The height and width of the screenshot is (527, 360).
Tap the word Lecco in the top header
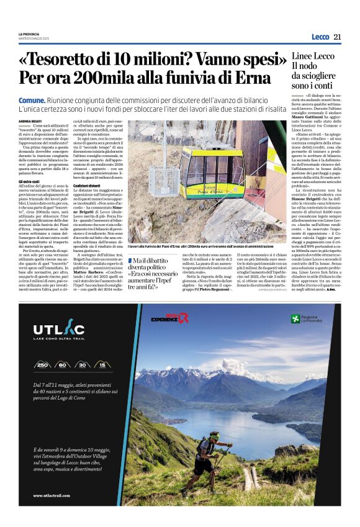tap(320, 37)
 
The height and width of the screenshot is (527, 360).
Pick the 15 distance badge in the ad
tap(102, 366)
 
